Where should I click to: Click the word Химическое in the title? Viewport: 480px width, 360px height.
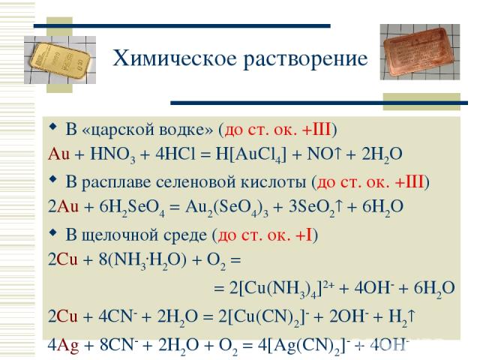(175, 58)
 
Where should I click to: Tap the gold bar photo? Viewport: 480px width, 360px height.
(60, 60)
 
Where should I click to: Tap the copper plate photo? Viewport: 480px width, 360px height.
(420, 52)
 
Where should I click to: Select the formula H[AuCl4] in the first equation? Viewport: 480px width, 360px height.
(251, 154)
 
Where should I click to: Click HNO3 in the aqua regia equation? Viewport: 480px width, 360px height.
(112, 154)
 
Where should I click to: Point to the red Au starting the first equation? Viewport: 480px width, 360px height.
(58, 154)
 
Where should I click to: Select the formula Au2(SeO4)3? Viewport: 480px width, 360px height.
(226, 208)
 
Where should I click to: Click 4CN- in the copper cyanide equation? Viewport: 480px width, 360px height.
(115, 316)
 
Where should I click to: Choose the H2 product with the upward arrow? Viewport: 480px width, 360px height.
(402, 317)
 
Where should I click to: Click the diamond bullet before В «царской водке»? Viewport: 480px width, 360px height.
(53, 127)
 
